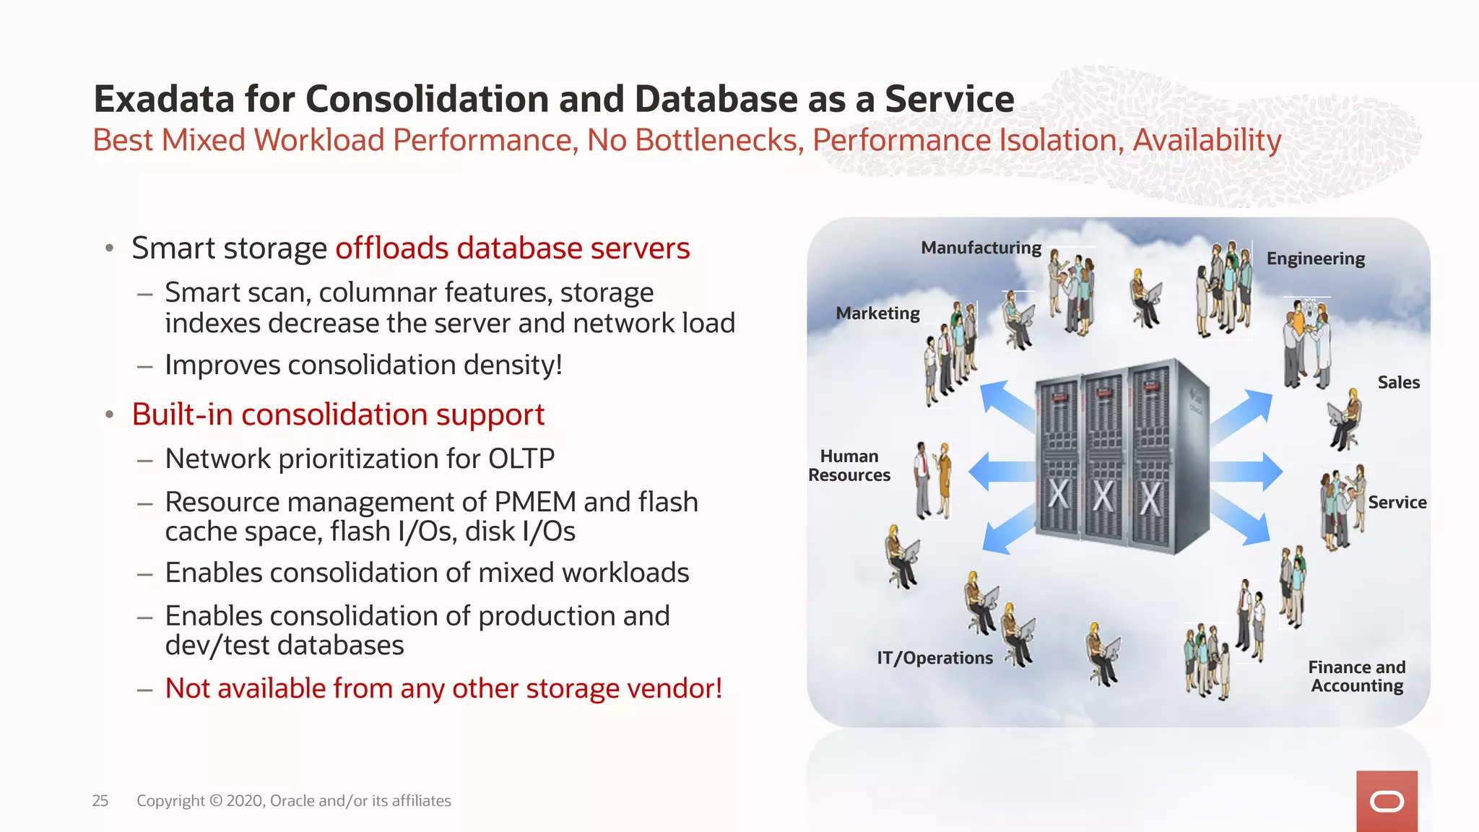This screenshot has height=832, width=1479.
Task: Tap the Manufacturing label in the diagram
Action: coord(981,248)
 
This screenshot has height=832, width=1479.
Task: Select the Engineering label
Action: coord(1315,259)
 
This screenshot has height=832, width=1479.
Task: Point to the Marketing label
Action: coord(877,313)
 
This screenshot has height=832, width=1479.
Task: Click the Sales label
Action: coord(1398,383)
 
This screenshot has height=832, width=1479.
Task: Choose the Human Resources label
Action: coord(849,466)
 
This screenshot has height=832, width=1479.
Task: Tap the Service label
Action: coord(1397,503)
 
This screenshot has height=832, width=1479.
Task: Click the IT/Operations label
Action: coord(934,658)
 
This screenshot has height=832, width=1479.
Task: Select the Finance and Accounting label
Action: coord(1357,677)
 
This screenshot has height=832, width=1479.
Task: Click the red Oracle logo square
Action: coord(1387,801)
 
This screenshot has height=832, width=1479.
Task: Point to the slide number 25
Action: coord(100,801)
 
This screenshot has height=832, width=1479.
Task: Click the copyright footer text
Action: coord(294,801)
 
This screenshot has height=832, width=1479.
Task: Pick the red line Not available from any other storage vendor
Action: coord(443,688)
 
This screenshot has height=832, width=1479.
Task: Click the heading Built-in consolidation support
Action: coord(338,415)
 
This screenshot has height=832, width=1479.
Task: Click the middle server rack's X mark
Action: coord(1103,496)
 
